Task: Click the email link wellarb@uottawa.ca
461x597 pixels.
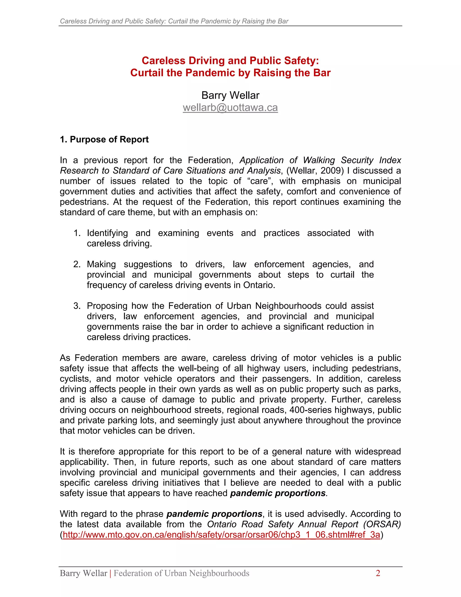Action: pos(230,108)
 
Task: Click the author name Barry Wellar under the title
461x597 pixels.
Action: pos(230,95)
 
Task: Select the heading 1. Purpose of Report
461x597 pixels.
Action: pos(104,139)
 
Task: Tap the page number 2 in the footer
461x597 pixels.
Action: pos(378,573)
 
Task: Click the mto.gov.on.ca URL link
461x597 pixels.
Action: pos(221,535)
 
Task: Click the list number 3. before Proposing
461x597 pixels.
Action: pos(77,306)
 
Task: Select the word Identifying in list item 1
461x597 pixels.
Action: pos(107,233)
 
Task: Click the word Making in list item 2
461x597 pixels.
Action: pos(101,264)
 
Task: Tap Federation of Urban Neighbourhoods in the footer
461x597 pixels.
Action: pos(181,573)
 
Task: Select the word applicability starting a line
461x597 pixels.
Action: pos(84,462)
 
